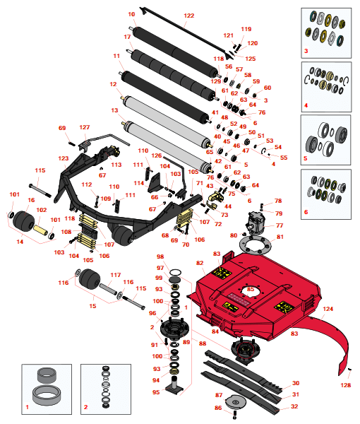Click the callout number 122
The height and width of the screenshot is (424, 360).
(188, 16)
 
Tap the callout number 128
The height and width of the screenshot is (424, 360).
(345, 385)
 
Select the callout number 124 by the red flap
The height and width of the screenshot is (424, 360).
(328, 309)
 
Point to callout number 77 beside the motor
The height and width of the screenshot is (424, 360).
(280, 225)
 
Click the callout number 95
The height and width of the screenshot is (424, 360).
(156, 392)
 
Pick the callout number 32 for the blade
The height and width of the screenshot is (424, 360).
(294, 406)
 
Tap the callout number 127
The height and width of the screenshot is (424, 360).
(85, 127)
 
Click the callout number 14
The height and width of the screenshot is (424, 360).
(20, 242)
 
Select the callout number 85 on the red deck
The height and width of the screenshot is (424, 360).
(251, 289)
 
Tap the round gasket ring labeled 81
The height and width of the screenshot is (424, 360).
(255, 245)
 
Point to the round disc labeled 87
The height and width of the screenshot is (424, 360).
(236, 401)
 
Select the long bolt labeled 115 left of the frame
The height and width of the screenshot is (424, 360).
(40, 190)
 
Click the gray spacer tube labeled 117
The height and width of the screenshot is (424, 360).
(108, 289)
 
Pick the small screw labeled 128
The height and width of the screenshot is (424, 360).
(349, 369)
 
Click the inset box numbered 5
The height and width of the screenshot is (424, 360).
(326, 140)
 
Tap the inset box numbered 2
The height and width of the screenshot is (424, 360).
(106, 389)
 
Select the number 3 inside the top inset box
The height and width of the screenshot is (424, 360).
(306, 51)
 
